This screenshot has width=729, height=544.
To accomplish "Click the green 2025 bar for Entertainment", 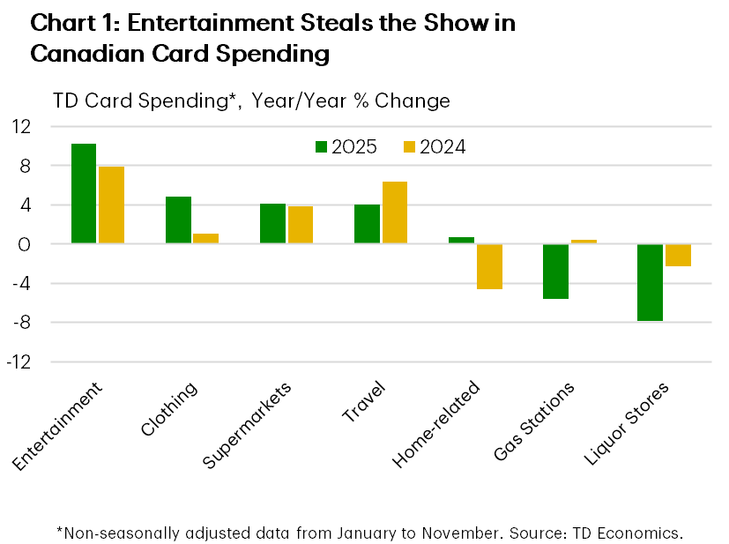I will pos(84,193).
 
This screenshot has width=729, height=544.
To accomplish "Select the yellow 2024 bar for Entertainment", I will pos(111,205).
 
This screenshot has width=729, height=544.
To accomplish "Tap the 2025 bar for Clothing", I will pos(178,220).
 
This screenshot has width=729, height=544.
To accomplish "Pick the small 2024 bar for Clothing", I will pos(205,239).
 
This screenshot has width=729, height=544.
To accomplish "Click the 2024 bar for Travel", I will pos(394,212).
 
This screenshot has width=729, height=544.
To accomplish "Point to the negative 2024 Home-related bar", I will pos(489,266).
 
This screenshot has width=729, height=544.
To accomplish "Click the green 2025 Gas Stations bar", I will pos(555,272).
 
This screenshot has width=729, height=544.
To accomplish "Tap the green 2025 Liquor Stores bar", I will pos(650,282).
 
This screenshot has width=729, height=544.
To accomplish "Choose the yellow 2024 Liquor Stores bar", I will pos(678,255).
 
